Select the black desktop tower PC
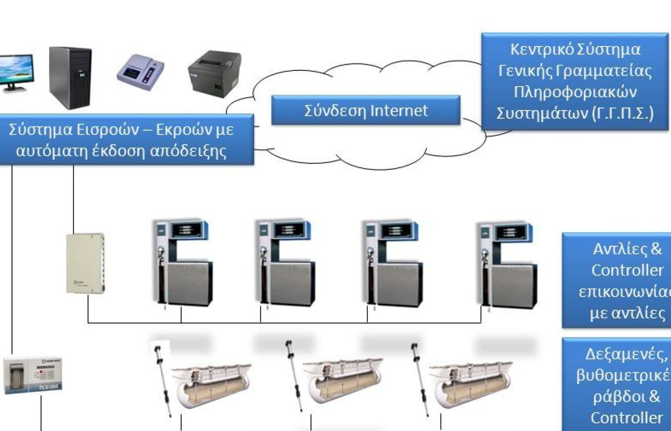point(70,78)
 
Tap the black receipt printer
point(214,73)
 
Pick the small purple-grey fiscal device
point(140,72)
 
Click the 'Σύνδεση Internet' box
point(366,111)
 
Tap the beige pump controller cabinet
point(85,263)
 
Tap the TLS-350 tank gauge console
point(33,375)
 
